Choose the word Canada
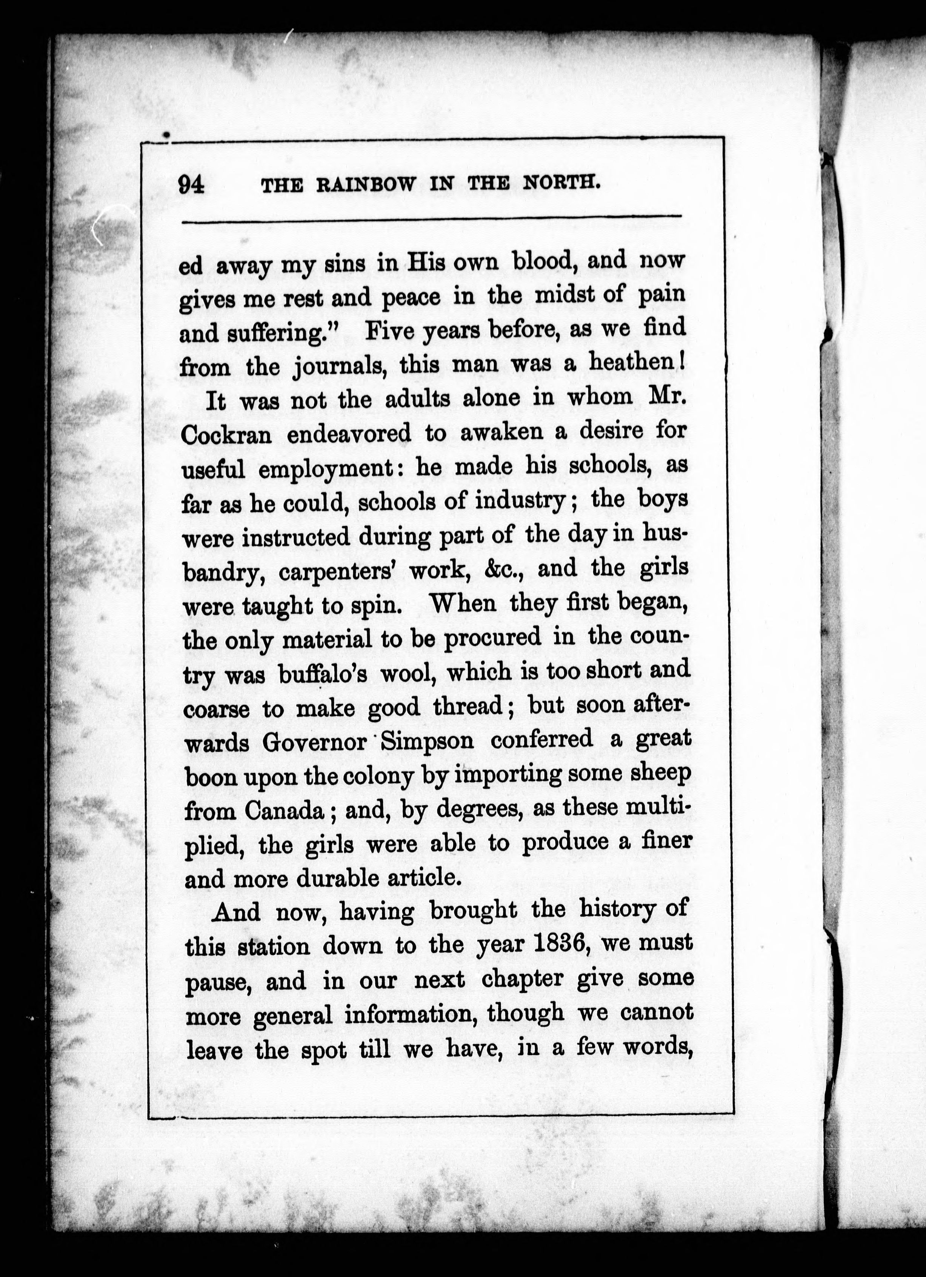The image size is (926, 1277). pos(284,811)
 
